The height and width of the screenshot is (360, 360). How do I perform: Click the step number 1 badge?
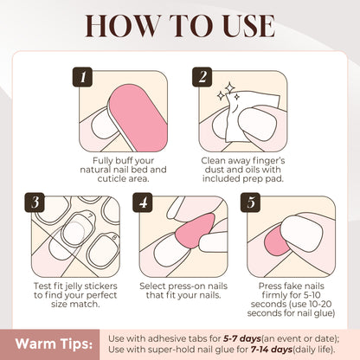(x=84, y=78)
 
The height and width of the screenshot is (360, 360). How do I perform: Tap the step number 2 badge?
(x=204, y=78)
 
